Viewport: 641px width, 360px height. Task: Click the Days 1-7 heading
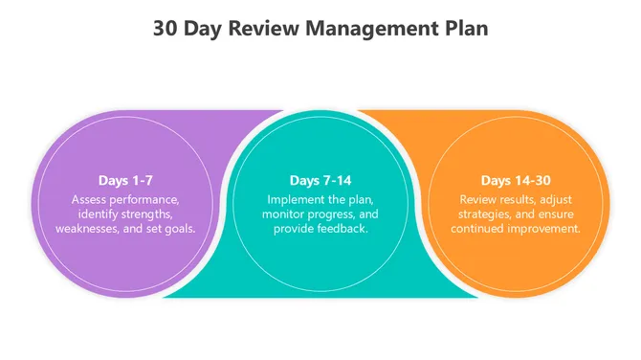click(125, 180)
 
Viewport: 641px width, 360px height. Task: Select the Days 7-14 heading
click(320, 180)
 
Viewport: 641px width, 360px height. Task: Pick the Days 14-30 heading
click(516, 180)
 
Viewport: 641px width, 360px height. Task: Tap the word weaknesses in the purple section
click(89, 229)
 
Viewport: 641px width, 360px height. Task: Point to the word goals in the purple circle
click(178, 229)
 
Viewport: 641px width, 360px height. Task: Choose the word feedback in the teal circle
click(342, 229)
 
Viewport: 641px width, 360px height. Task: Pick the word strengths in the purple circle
click(148, 214)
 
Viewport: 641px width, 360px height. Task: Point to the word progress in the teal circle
click(331, 214)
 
